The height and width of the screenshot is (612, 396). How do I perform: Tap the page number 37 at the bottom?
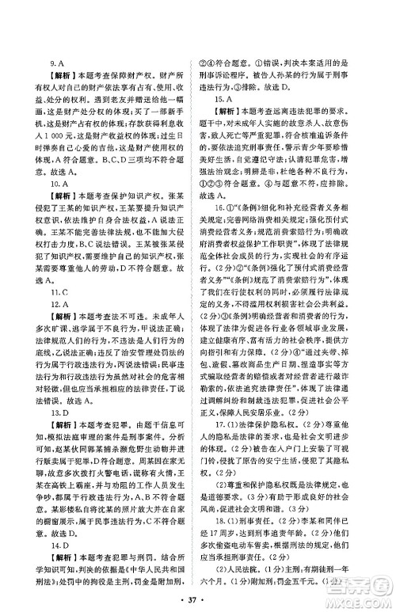click(198, 592)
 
